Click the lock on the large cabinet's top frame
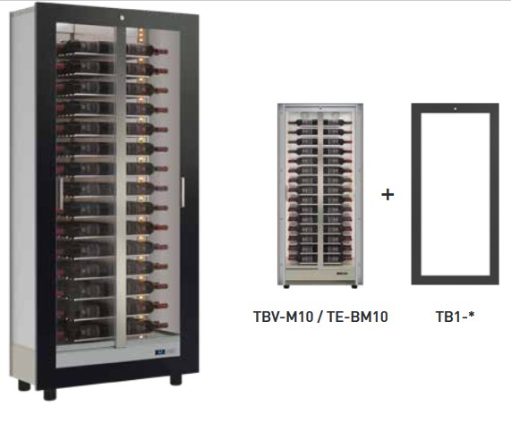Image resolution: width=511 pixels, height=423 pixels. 122,18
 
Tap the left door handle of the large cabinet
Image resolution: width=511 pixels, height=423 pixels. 61,194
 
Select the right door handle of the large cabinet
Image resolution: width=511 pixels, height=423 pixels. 183,192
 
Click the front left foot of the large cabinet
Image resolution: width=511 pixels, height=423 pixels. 50,394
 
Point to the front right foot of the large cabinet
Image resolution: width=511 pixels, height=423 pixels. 175,379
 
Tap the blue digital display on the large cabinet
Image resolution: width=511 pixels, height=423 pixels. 160,351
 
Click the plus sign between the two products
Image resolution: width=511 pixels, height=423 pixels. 388,195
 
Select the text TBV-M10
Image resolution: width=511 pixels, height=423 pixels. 283,317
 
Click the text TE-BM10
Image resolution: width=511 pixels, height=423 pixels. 357,317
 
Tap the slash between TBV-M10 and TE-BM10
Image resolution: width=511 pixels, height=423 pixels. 320,317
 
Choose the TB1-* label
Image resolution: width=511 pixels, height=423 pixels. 455,317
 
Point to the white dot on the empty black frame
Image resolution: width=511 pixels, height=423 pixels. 456,109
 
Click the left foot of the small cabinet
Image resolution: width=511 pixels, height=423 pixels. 286,286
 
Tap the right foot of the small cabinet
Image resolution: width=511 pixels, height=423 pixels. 354,286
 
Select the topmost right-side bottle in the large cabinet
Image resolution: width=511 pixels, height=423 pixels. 147,50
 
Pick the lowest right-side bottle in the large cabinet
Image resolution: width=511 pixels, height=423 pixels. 147,325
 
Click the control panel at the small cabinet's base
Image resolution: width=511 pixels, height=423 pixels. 341,274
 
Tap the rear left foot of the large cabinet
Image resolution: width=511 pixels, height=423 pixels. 24,385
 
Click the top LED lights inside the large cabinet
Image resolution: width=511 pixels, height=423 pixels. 141,35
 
